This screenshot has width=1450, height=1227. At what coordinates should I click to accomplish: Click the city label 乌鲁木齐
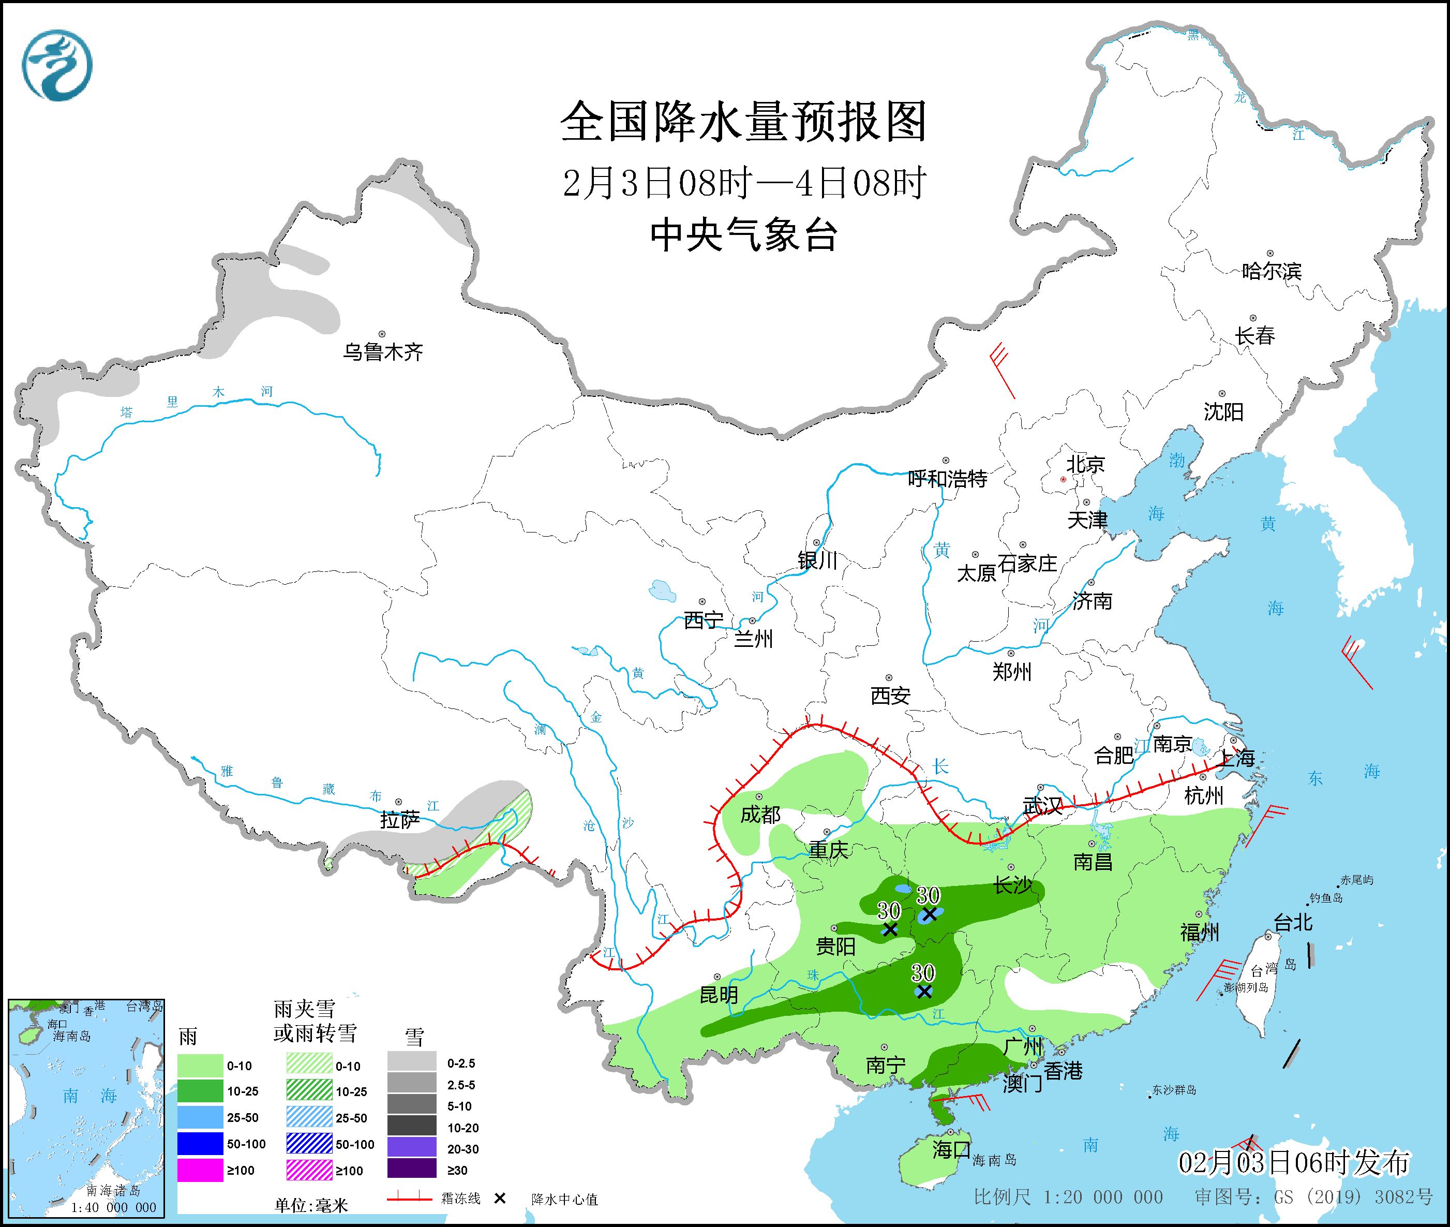click(x=382, y=352)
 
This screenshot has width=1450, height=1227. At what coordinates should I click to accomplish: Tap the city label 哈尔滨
click(x=1271, y=271)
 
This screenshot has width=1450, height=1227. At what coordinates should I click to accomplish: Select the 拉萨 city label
click(x=400, y=820)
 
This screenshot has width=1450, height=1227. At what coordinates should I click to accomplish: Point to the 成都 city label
click(x=760, y=815)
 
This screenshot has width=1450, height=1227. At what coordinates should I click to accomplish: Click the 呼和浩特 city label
click(x=948, y=479)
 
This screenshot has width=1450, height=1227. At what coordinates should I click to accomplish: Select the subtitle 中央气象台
click(x=743, y=235)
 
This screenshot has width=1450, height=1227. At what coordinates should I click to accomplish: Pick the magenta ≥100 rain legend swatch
click(x=200, y=1170)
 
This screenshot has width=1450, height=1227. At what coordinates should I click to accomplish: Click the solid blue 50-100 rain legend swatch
click(x=200, y=1144)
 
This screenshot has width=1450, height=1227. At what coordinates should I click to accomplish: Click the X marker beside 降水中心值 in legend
click(x=499, y=1199)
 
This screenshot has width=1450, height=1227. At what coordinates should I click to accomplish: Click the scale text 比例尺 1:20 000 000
click(x=1068, y=1196)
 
